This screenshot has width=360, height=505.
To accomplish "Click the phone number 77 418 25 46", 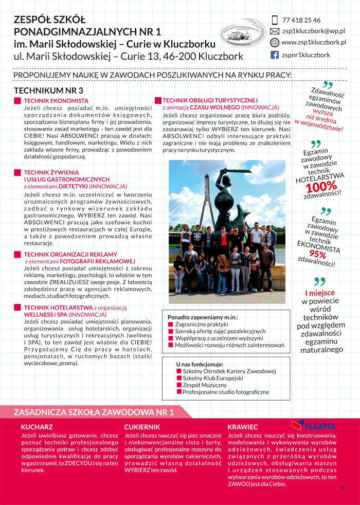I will coord(301,20).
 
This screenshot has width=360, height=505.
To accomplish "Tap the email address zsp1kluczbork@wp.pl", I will coord(313,31).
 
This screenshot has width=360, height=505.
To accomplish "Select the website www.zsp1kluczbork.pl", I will coord(314,43).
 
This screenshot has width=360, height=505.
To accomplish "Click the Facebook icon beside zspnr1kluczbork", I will coord(275,55).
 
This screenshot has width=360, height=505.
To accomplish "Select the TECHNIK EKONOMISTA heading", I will coord(56,100).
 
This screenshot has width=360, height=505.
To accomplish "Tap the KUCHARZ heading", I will coord(37,427).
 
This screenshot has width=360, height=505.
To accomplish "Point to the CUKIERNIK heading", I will coord(142,427).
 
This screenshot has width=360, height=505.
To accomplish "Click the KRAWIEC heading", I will coord(243,427).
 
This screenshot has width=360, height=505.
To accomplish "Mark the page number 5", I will coord(342,489).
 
